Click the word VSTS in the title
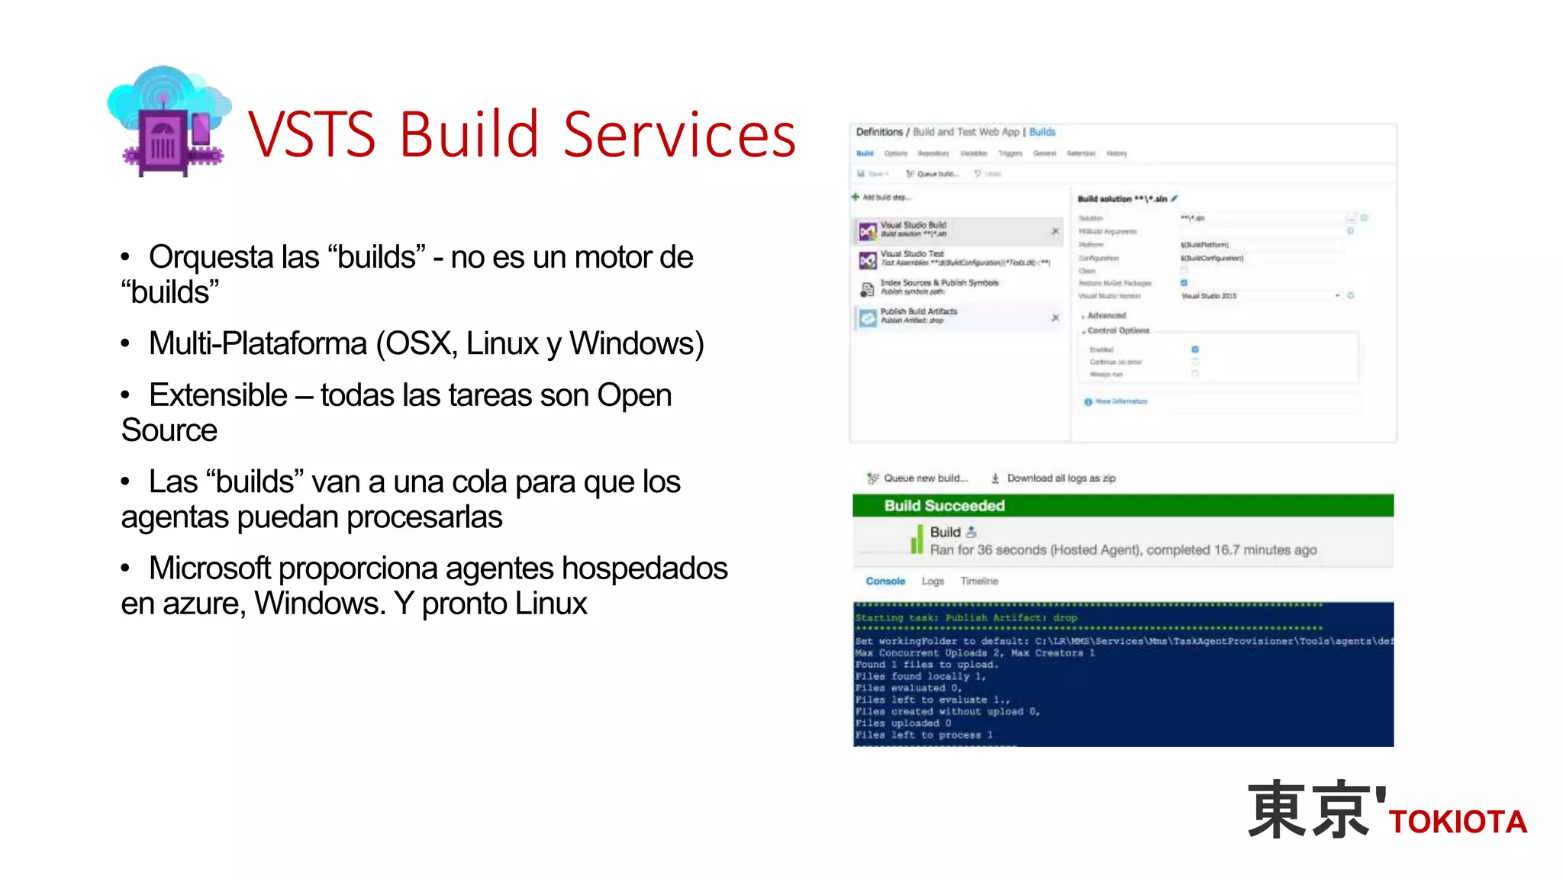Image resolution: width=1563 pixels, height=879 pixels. pyautogui.click(x=312, y=134)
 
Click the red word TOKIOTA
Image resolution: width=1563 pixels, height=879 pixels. pyautogui.click(x=1458, y=823)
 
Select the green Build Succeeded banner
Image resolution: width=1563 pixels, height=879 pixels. pyautogui.click(x=1122, y=505)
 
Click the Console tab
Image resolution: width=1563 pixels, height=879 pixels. pyautogui.click(x=885, y=581)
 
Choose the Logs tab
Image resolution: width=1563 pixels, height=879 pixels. pyautogui.click(x=933, y=581)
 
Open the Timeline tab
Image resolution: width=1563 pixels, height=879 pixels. pyautogui.click(x=979, y=581)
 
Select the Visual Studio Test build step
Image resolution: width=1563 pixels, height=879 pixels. pyautogui.click(x=912, y=254)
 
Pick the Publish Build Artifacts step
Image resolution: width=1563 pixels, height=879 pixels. pyautogui.click(x=919, y=312)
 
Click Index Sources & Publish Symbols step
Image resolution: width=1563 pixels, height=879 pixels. pyautogui.click(x=939, y=283)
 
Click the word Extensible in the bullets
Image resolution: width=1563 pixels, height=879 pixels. pyautogui.click(x=218, y=395)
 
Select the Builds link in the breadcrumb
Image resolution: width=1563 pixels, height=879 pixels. pyautogui.click(x=1042, y=132)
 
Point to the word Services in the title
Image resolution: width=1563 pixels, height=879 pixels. pyautogui.click(x=679, y=134)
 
